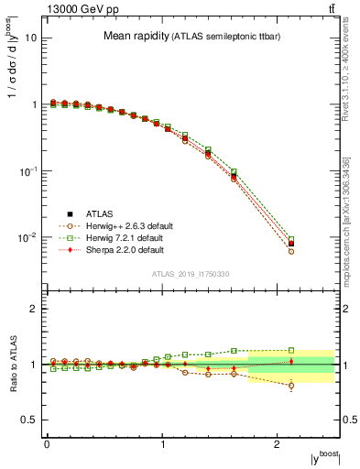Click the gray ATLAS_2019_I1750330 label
pyautogui.click(x=190, y=274)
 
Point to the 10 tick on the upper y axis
pyautogui.click(x=32, y=38)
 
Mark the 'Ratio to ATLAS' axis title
pyautogui.click(x=12, y=365)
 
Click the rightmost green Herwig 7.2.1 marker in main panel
pyautogui.click(x=291, y=239)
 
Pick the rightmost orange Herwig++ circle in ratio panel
pyautogui.click(x=291, y=386)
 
